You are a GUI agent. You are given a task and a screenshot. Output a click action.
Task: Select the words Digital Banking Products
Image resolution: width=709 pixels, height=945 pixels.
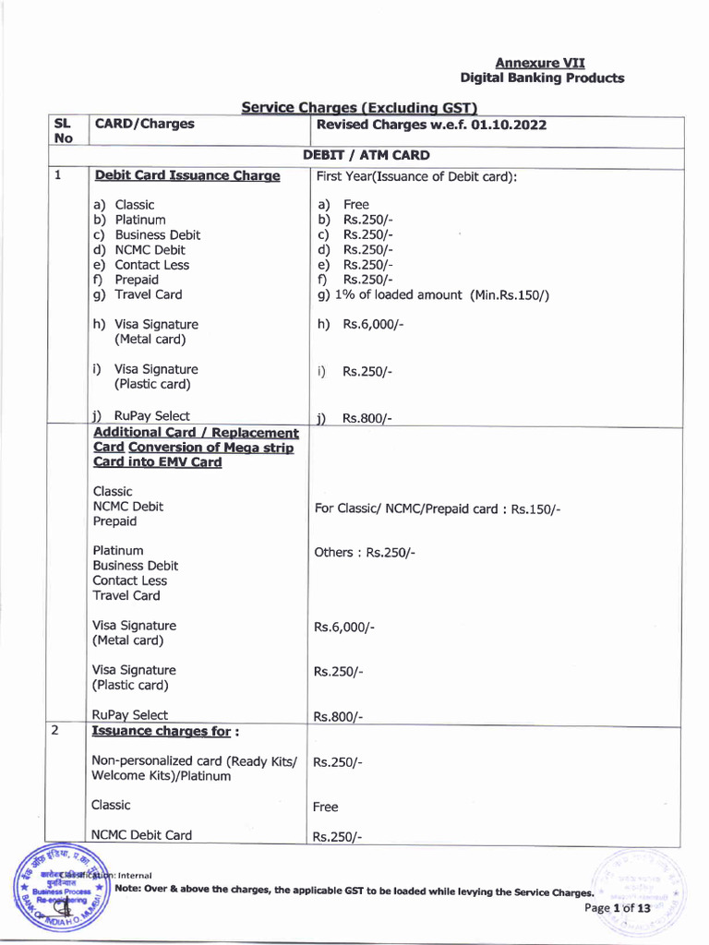(x=542, y=78)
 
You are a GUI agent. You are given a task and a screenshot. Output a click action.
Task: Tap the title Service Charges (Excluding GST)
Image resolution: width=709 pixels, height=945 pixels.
(x=357, y=108)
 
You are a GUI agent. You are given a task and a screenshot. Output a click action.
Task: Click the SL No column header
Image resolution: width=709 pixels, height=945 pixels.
(x=62, y=131)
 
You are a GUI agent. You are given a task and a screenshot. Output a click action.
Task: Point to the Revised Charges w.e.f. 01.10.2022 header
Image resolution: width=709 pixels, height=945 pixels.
(x=431, y=125)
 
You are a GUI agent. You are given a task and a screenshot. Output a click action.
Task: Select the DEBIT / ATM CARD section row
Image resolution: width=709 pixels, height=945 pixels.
(x=366, y=156)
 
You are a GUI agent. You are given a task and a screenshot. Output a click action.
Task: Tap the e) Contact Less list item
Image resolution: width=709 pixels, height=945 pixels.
(x=141, y=265)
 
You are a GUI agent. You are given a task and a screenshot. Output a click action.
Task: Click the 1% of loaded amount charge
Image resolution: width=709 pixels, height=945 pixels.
(x=433, y=295)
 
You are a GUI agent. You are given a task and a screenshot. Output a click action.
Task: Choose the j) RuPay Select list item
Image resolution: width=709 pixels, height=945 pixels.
(x=141, y=416)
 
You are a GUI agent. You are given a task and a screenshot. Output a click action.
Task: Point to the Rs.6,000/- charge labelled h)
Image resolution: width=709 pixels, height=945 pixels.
(x=372, y=325)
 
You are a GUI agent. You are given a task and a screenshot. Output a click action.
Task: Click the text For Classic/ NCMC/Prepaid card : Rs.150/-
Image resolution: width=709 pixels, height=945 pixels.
(x=438, y=508)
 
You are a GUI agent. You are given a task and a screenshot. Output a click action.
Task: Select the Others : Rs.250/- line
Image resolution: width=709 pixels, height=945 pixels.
(x=365, y=552)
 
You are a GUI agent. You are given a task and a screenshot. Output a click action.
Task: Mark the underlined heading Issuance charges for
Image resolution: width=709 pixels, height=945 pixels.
(x=165, y=731)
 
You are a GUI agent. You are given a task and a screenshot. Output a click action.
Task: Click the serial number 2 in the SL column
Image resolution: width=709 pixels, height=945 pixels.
(x=55, y=730)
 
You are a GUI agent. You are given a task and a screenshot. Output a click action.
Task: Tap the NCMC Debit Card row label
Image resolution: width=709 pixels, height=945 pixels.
(x=142, y=835)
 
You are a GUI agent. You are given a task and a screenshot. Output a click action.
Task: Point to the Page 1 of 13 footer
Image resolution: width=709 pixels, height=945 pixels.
(x=618, y=908)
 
